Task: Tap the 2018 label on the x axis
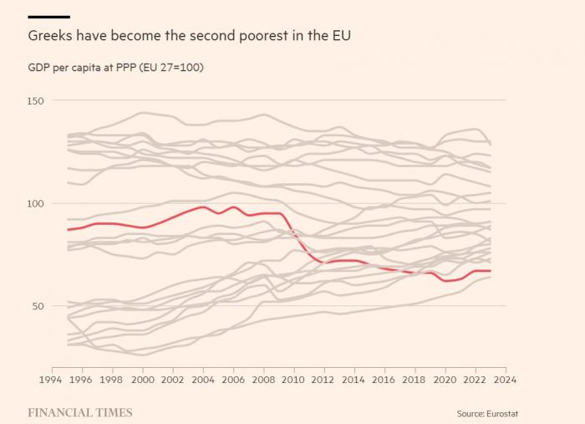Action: [415, 379]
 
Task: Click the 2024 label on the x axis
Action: [505, 379]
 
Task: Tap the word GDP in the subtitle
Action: [39, 67]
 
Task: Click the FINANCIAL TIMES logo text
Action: [80, 412]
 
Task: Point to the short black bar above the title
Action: [48, 17]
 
